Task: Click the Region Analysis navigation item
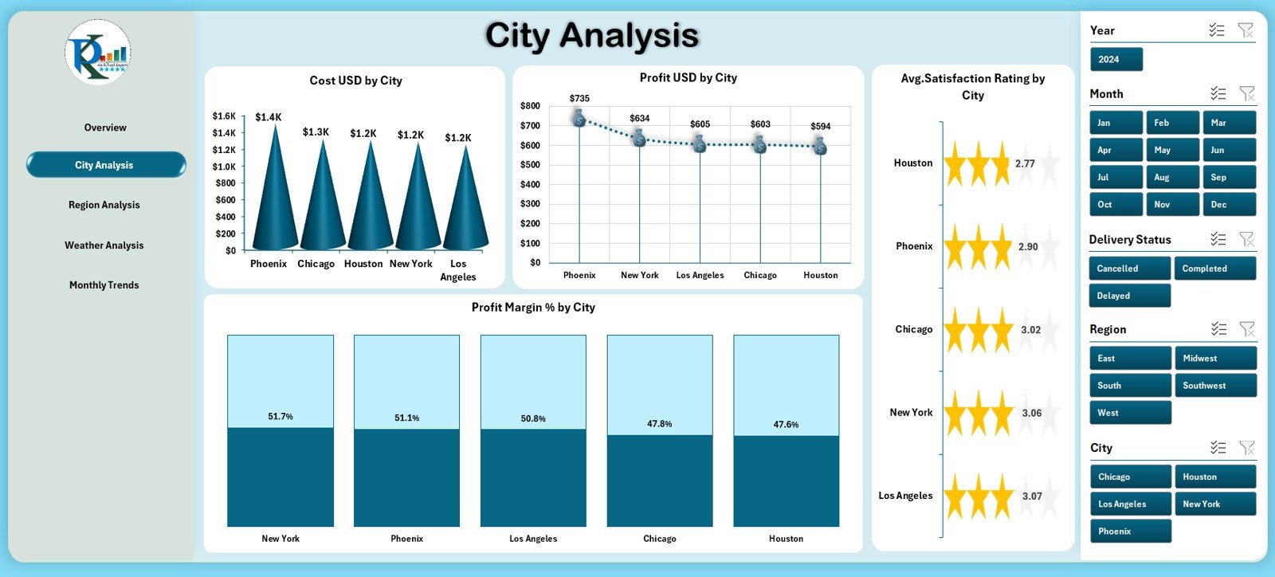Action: click(104, 205)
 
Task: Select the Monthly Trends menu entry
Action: click(104, 285)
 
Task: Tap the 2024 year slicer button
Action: click(1116, 60)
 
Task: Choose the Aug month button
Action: click(1172, 178)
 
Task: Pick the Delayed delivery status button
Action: click(1129, 296)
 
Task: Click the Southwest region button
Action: click(1214, 386)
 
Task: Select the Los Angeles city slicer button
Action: click(1129, 504)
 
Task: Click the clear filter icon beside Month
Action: click(1247, 94)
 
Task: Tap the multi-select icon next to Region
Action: click(1218, 329)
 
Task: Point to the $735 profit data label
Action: click(579, 99)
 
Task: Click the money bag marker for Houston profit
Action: click(820, 147)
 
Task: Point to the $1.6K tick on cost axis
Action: click(224, 116)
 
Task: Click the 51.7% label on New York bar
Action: click(280, 417)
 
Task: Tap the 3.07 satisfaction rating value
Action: click(1032, 497)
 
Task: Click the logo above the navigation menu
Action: click(98, 53)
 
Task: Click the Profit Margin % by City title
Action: click(533, 308)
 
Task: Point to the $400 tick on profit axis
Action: click(530, 184)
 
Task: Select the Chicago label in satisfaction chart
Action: click(913, 329)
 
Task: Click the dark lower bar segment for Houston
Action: click(786, 482)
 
